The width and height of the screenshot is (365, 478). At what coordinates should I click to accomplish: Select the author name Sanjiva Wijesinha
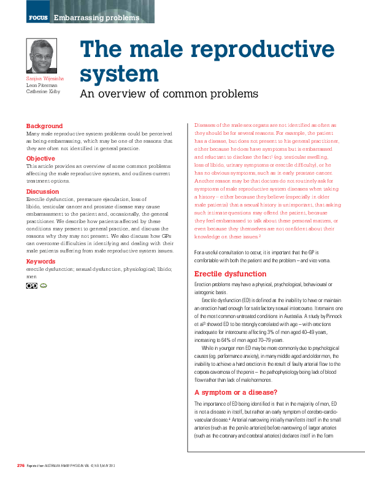pos(45,79)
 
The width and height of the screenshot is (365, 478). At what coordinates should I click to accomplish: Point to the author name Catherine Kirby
pos(42,93)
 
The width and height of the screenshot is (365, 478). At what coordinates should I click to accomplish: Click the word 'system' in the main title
pos(120,74)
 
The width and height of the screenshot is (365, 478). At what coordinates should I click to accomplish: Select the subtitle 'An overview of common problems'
pos(169,94)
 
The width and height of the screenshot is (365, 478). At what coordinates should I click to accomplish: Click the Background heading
pos(44,126)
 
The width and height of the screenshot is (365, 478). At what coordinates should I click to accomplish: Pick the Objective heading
pos(40,159)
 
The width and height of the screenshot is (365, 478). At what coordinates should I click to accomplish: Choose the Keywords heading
pos(40,262)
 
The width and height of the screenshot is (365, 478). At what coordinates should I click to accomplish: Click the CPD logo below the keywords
pos(32,286)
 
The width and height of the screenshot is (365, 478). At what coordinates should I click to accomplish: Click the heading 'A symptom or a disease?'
pos(236,392)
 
